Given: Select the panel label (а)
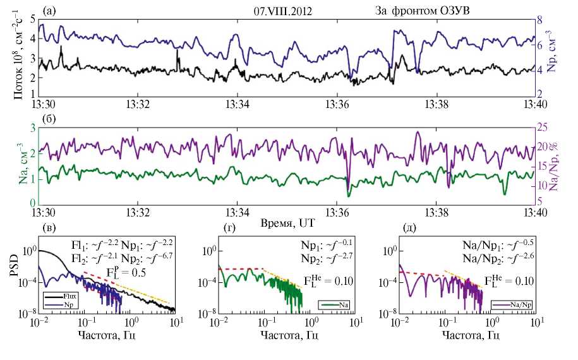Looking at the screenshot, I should pos(49,11).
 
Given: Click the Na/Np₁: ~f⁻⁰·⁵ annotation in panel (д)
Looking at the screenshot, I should pos(492,245).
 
